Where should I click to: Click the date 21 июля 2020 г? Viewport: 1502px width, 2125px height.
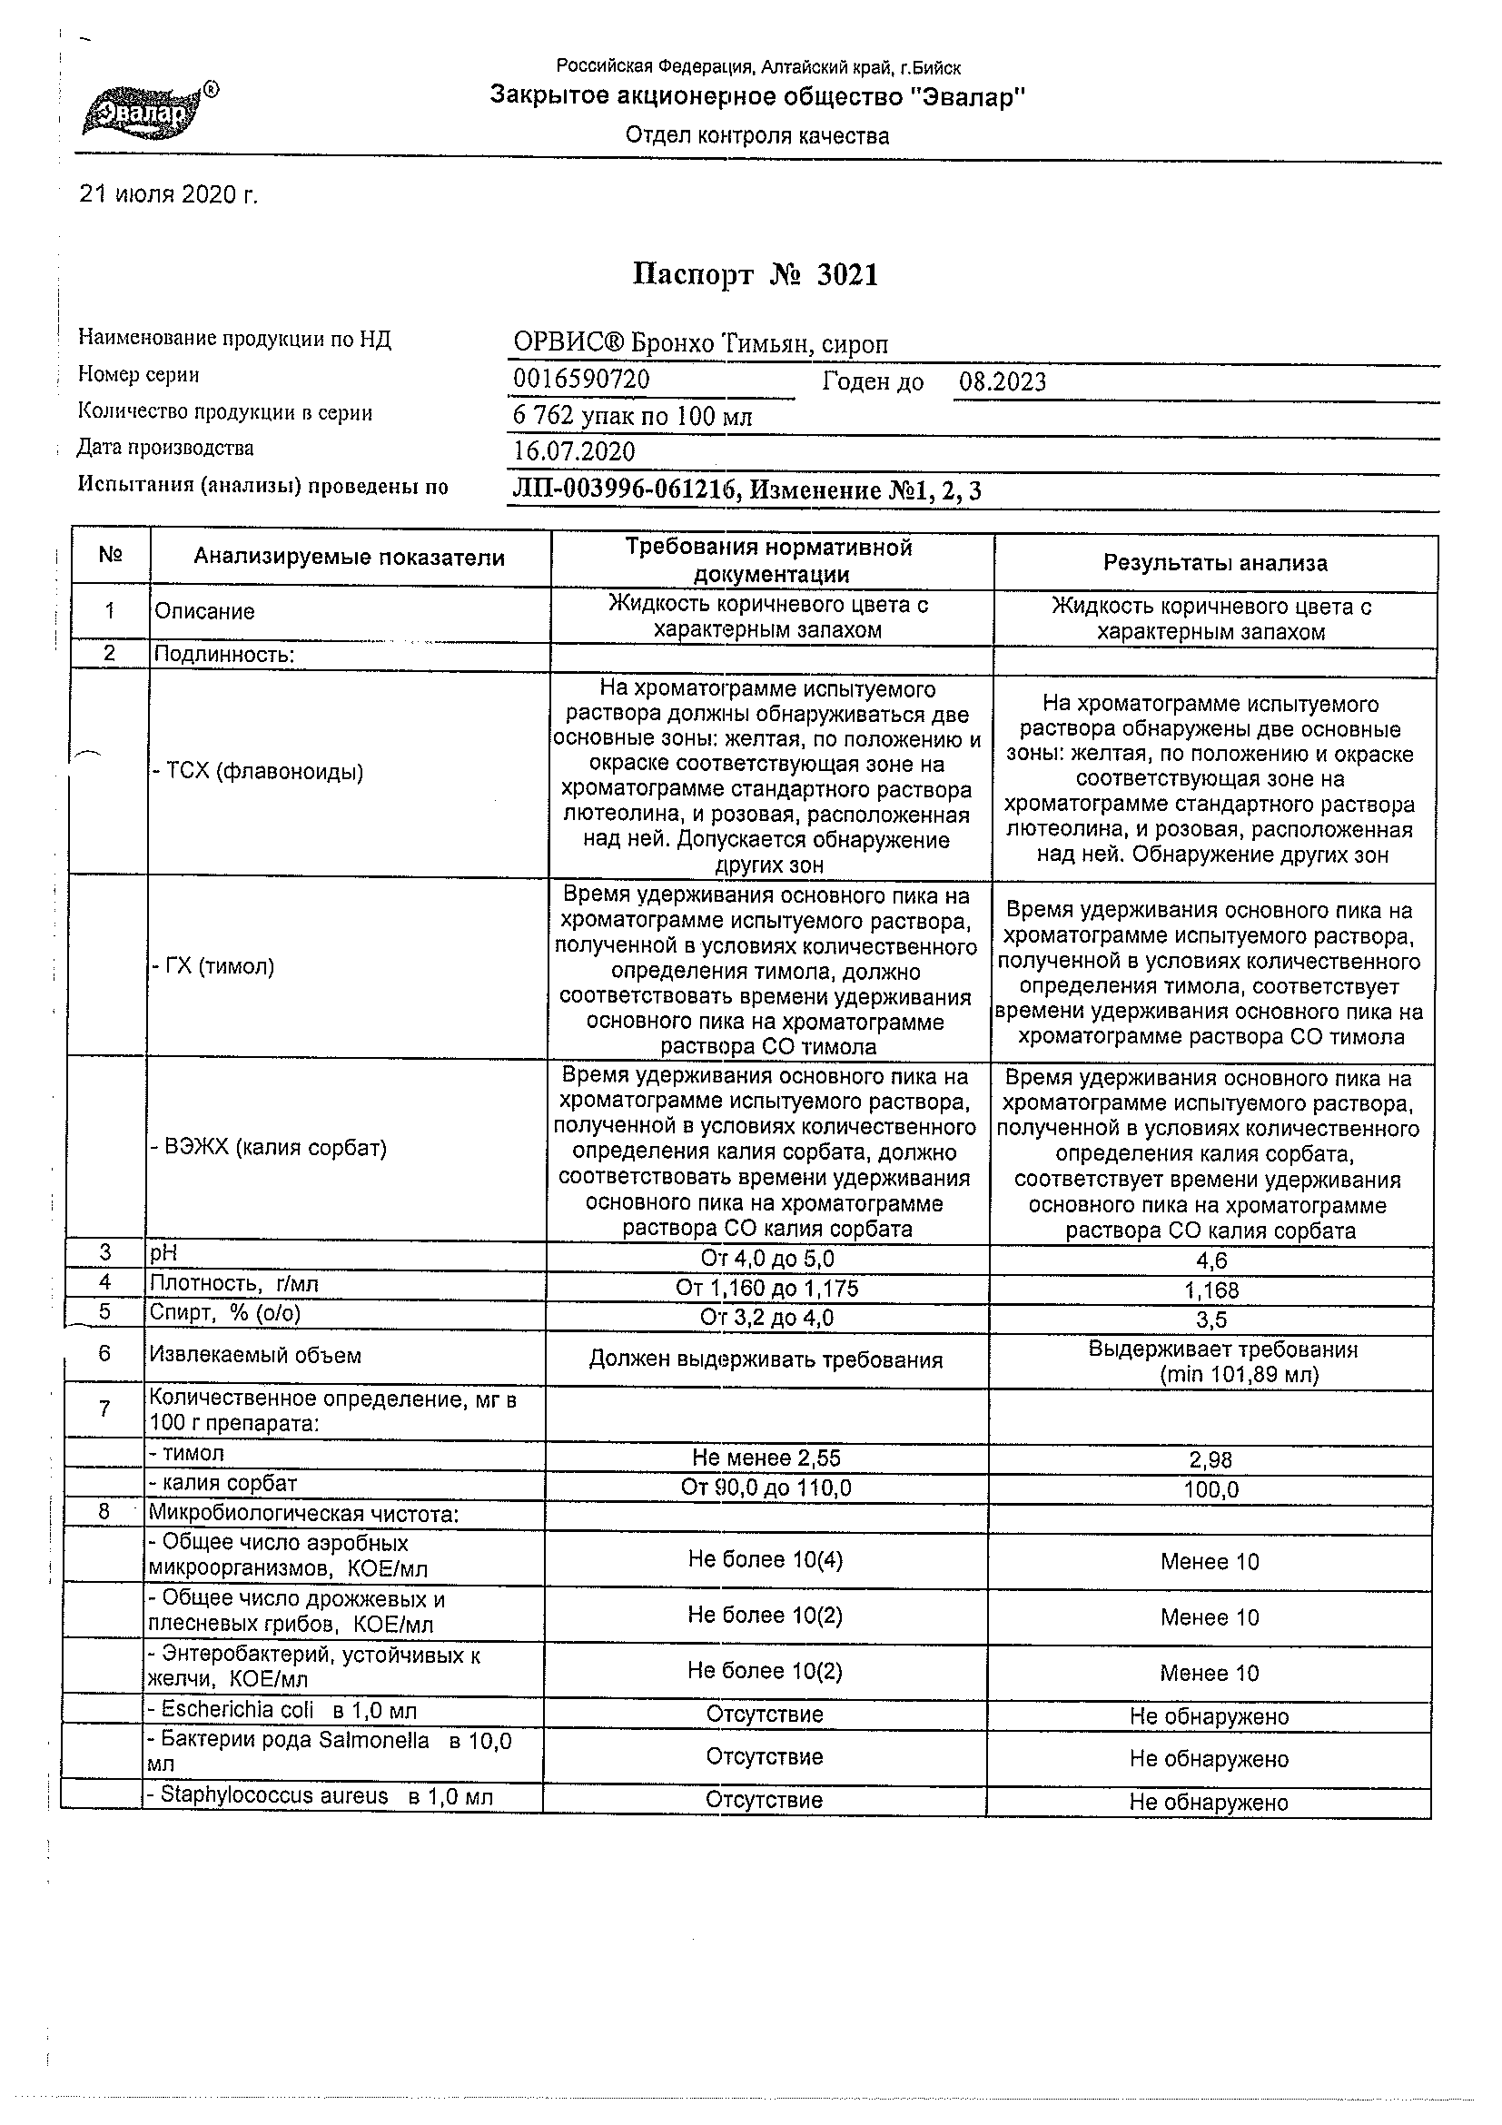pyautogui.click(x=169, y=194)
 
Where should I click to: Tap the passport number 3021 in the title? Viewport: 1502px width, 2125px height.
pyautogui.click(x=846, y=275)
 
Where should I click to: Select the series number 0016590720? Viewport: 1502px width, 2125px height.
pyautogui.click(x=581, y=380)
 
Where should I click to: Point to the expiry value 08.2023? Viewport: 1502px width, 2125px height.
pyautogui.click(x=1003, y=382)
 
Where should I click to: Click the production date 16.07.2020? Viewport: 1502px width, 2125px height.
pyautogui.click(x=574, y=451)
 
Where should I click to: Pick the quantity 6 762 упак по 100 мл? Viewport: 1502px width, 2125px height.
pyautogui.click(x=632, y=417)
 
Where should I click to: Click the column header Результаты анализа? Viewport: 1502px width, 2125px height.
pyautogui.click(x=1214, y=563)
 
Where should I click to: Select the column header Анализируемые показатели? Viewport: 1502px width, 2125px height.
pyautogui.click(x=349, y=558)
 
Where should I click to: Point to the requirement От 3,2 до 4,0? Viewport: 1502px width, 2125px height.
pyautogui.click(x=767, y=1317)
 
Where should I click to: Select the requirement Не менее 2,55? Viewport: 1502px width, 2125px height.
pyautogui.click(x=766, y=1458)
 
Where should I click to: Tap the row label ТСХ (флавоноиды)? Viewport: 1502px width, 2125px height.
pyautogui.click(x=258, y=772)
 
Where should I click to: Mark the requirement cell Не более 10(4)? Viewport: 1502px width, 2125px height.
pyautogui.click(x=766, y=1559)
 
